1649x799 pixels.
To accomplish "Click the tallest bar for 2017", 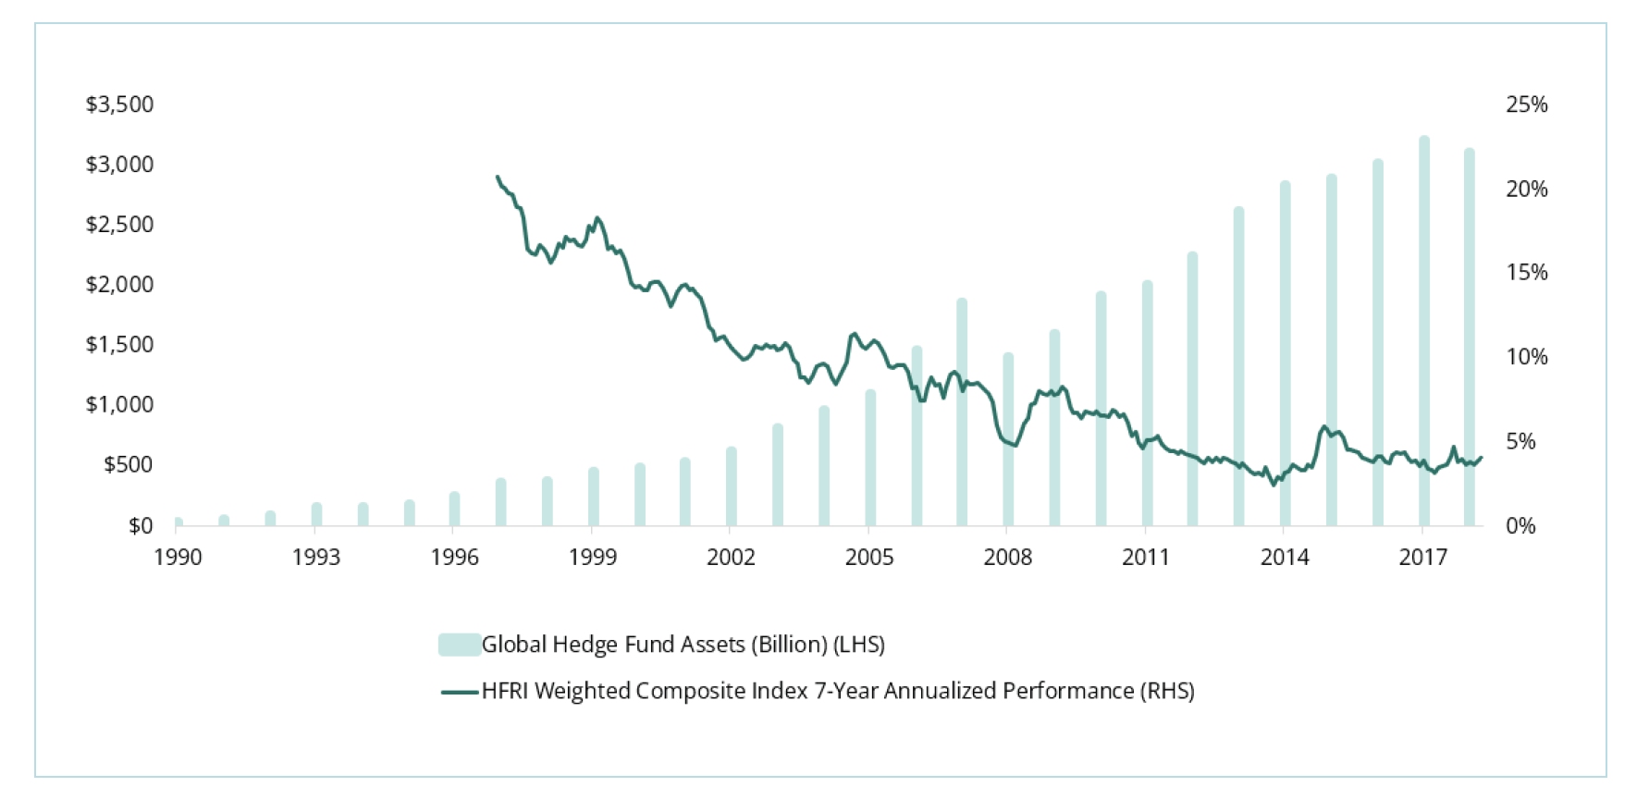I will pyautogui.click(x=1424, y=333).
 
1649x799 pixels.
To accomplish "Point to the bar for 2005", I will pyautogui.click(x=870, y=459).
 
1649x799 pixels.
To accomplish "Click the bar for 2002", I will pyautogui.click(x=732, y=487).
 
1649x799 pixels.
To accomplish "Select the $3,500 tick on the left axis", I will pyautogui.click(x=119, y=104).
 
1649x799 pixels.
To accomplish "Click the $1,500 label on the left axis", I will pyautogui.click(x=119, y=345).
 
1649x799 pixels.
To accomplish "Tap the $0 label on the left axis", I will pyautogui.click(x=141, y=526).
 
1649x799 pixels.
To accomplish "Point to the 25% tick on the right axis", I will pyautogui.click(x=1526, y=104).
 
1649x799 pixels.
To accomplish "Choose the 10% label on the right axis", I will pyautogui.click(x=1526, y=357).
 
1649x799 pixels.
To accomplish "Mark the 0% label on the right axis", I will pyautogui.click(x=1520, y=526).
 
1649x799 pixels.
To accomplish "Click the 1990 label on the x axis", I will pyautogui.click(x=178, y=558).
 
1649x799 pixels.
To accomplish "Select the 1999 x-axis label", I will pyautogui.click(x=593, y=558).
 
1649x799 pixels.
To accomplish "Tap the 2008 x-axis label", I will pyautogui.click(x=1008, y=558).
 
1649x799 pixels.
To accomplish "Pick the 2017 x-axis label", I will pyautogui.click(x=1422, y=558).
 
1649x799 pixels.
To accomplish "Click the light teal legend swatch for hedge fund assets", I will pyautogui.click(x=459, y=645).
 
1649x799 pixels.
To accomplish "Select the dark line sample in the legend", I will pyautogui.click(x=460, y=692).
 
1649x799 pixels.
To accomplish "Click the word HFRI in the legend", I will pyautogui.click(x=505, y=692).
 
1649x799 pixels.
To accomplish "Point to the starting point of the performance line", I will pyautogui.click(x=498, y=177).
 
